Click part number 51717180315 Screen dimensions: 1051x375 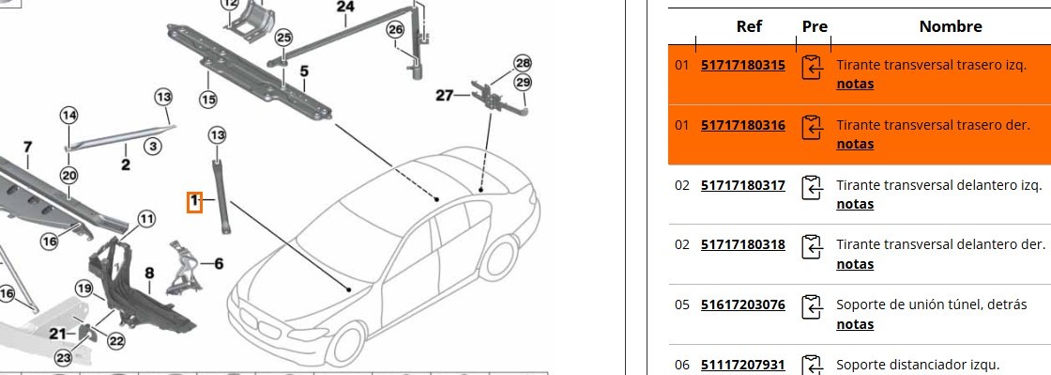[x=742, y=65]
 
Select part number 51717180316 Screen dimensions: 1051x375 [x=742, y=125]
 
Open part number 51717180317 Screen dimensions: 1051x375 [x=742, y=185]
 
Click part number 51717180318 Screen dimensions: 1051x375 [x=742, y=245]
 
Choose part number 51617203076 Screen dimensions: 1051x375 [x=742, y=305]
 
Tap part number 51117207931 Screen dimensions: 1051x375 [x=742, y=365]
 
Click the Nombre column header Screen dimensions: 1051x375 [x=951, y=27]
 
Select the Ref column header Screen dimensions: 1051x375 [x=750, y=27]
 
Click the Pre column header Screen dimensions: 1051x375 [x=815, y=27]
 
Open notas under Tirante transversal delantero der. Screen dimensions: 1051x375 [x=855, y=264]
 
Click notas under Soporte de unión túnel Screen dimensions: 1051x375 [x=855, y=324]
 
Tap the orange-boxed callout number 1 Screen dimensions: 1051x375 [x=194, y=200]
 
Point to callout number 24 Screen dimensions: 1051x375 [x=345, y=8]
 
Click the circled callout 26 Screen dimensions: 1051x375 [x=396, y=29]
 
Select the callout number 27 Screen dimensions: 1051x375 [x=445, y=95]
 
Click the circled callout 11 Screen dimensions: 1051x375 [x=146, y=219]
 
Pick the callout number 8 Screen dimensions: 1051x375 [x=149, y=273]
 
